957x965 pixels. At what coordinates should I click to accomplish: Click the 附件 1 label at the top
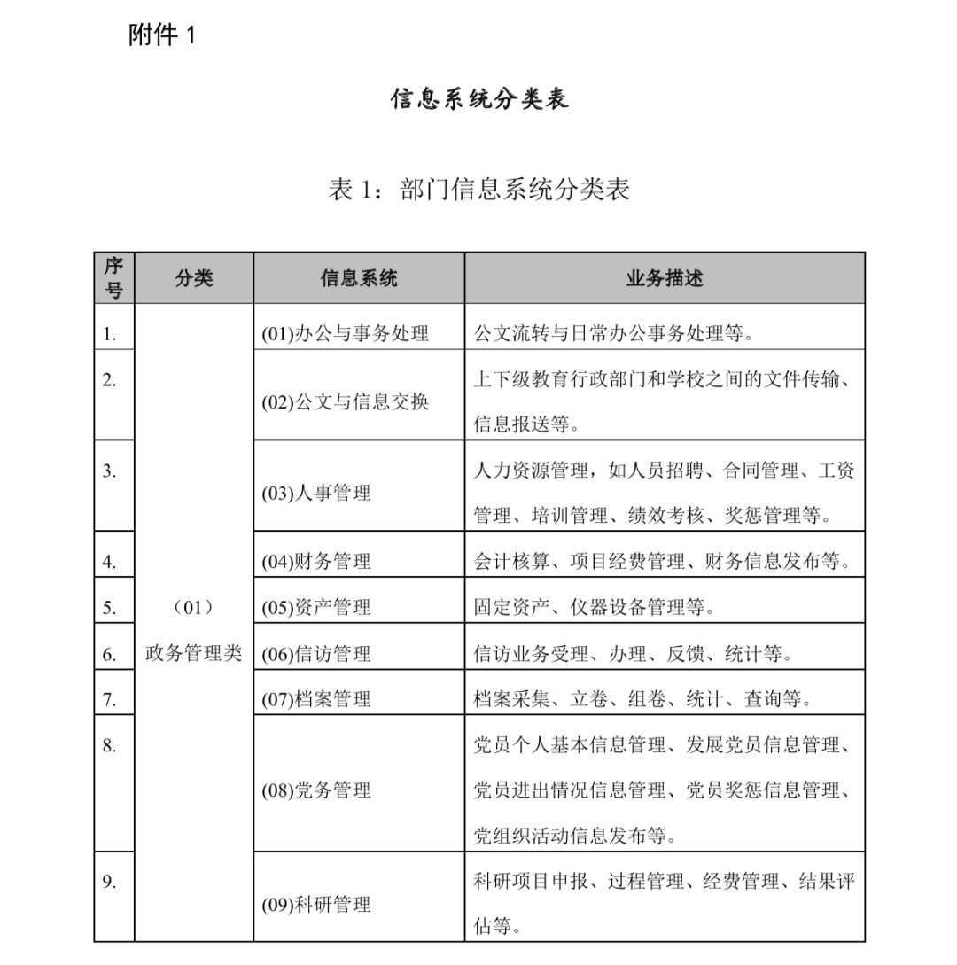(160, 35)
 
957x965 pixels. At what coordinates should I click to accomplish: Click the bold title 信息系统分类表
(479, 98)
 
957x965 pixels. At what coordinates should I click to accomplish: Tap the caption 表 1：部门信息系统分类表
(478, 190)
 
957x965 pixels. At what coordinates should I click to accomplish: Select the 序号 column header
(113, 278)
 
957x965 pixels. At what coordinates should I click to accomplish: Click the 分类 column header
(193, 278)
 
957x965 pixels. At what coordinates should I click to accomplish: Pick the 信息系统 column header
(359, 278)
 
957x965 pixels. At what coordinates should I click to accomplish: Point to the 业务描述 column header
(664, 278)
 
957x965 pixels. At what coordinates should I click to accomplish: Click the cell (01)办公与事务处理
(345, 334)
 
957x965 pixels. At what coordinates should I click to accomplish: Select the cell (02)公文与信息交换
(345, 402)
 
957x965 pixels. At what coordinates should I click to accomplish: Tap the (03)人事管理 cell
(316, 494)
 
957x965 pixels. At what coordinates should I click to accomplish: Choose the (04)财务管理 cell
(316, 562)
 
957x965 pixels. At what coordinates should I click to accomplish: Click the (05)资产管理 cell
(316, 608)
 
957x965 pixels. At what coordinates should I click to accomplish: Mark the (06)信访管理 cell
(316, 655)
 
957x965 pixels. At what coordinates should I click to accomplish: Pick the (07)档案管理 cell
(316, 699)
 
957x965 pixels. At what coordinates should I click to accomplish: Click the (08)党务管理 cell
(316, 790)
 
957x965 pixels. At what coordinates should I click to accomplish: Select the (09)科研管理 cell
(316, 905)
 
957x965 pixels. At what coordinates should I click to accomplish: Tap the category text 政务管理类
(193, 654)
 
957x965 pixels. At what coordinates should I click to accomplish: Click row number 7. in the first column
(109, 699)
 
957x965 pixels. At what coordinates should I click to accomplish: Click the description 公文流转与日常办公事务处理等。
(613, 334)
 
